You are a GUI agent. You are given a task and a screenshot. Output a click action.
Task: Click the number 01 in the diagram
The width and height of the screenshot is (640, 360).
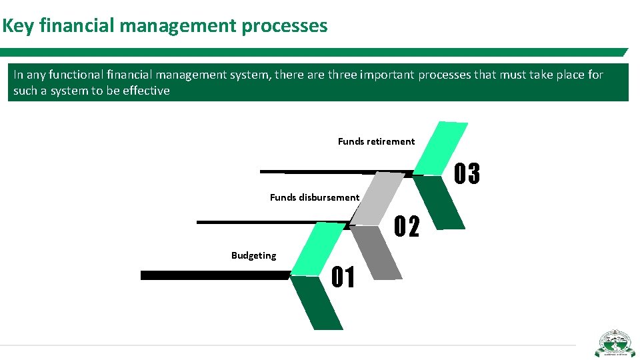point(343,277)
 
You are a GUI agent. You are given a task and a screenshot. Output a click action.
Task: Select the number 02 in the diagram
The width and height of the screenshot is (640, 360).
point(407,227)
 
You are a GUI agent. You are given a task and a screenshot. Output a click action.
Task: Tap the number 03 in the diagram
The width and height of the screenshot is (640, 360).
point(467,174)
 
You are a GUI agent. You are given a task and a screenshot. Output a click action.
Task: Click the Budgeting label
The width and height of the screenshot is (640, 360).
point(253,255)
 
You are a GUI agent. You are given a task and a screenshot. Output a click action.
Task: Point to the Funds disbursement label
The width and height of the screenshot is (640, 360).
point(314,197)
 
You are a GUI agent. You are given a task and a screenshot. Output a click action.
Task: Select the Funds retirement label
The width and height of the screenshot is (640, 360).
point(376,141)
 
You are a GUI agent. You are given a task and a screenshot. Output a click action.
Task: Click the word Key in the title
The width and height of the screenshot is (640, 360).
point(19,26)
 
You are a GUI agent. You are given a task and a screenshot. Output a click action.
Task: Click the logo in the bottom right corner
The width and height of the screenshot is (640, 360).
point(614,343)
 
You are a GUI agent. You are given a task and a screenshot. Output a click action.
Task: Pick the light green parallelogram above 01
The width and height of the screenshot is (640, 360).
point(317,248)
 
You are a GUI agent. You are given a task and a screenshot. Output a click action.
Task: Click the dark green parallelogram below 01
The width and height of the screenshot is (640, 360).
point(317,303)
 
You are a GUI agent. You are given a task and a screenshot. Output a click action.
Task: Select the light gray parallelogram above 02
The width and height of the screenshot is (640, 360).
point(377,199)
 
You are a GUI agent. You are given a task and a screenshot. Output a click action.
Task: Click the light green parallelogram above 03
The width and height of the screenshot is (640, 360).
point(441,148)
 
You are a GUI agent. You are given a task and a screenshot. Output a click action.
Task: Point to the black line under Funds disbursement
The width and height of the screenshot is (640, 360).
point(273,221)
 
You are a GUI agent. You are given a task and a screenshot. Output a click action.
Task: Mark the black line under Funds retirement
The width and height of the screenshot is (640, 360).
point(333,172)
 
